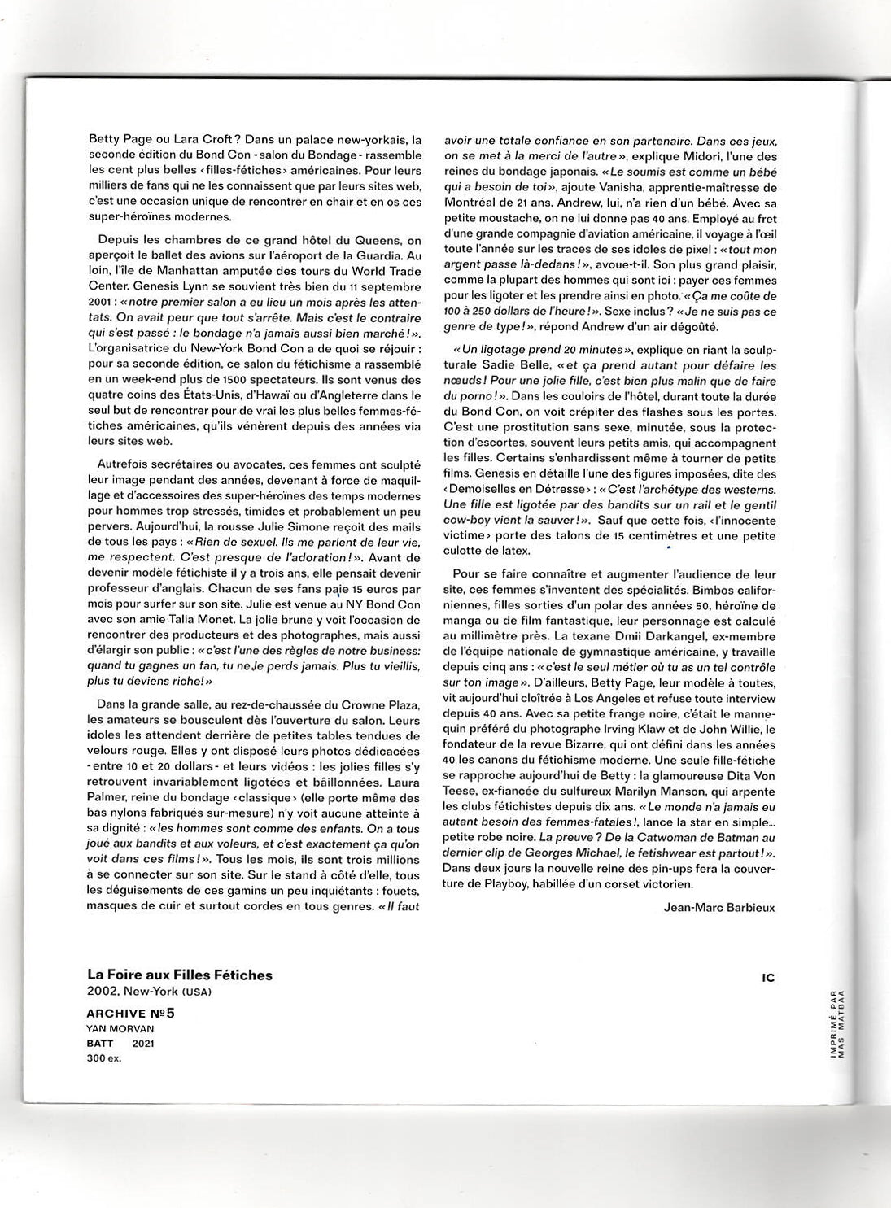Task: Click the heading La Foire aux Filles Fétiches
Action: coord(180,975)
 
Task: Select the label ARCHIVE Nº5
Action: coord(130,1014)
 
